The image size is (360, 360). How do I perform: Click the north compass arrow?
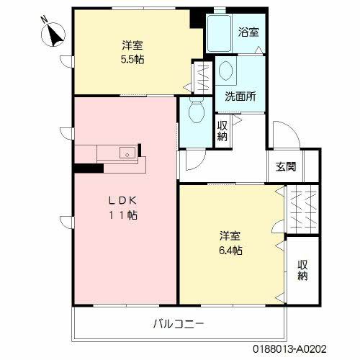(x=53, y=32)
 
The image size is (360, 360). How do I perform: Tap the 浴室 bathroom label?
(x=248, y=32)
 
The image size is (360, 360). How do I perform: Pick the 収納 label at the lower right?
(x=303, y=269)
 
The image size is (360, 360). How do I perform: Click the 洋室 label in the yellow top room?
(x=132, y=45)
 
